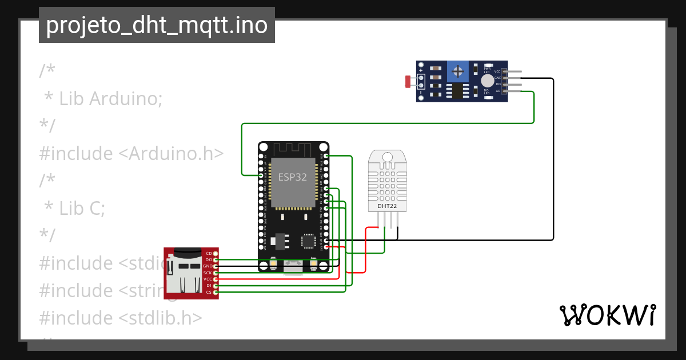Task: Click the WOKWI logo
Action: coord(607,315)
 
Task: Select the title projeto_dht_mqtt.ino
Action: coord(157,25)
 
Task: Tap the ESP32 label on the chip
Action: coord(292,177)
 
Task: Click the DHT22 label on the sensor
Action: coord(387,206)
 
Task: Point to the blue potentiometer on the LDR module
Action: coord(457,71)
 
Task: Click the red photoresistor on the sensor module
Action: coord(408,82)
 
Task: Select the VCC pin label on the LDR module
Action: coord(497,71)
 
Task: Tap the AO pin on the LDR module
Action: coord(498,90)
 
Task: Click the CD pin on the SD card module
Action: coord(209,253)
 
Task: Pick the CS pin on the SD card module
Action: coord(209,292)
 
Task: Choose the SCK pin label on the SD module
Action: coord(208,273)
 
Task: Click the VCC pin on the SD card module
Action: coord(208,279)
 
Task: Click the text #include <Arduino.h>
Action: coord(131,154)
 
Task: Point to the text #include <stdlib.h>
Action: coord(121,318)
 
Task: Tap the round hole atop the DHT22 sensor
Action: coord(387,157)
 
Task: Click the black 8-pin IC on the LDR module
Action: coord(457,91)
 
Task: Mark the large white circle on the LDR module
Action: coord(487,81)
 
